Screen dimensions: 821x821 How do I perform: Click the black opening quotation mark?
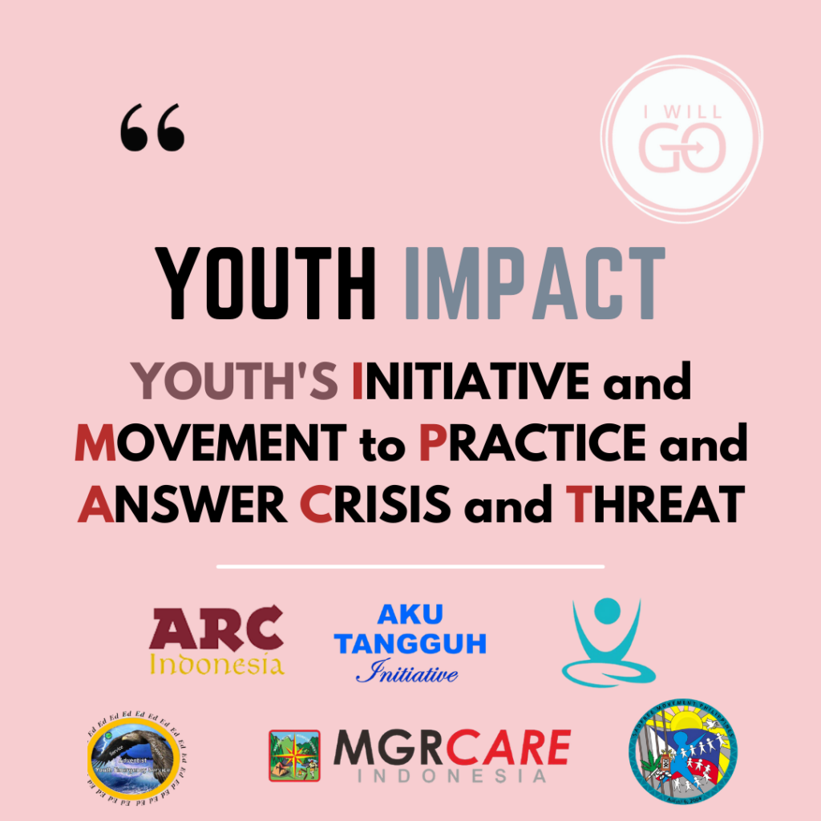(152, 131)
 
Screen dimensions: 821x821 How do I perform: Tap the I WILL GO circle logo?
(681, 143)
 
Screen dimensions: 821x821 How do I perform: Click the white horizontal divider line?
(410, 566)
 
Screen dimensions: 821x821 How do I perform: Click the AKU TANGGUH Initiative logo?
(410, 641)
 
